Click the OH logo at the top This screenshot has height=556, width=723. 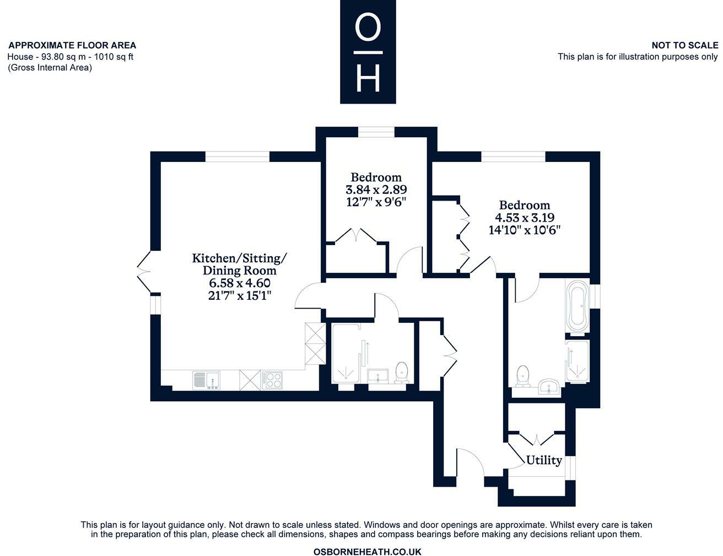[368, 52]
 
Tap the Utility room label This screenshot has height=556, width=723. [544, 460]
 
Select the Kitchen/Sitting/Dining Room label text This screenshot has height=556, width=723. [239, 264]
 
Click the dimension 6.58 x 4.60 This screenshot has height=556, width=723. [239, 283]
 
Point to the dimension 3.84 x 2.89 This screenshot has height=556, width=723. [376, 190]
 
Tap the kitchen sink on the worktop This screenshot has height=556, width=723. [206, 380]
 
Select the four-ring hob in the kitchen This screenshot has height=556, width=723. [273, 380]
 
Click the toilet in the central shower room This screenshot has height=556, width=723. [402, 373]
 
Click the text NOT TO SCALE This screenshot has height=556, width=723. [684, 45]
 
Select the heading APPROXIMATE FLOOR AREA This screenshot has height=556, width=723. [72, 45]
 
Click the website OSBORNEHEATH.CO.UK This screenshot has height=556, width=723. [367, 551]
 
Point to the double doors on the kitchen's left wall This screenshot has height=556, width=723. [144, 272]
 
